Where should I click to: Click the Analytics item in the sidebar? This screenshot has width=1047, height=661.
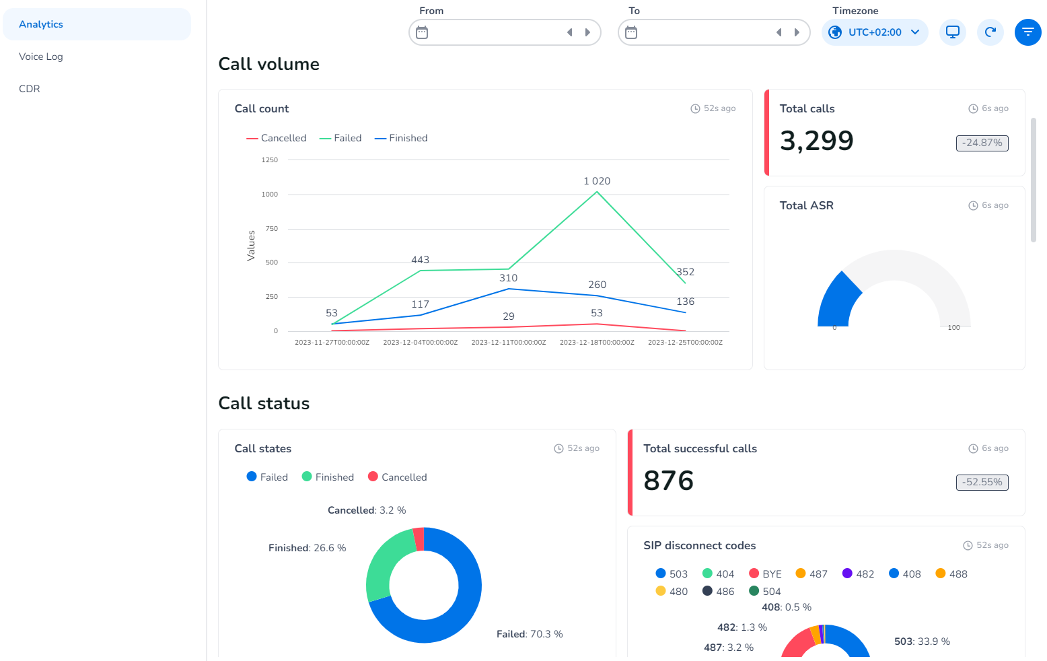click(41, 24)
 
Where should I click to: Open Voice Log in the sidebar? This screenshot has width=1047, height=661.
click(41, 57)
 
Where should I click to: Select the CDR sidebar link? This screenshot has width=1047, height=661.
click(30, 89)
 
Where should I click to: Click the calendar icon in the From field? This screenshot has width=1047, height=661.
click(422, 32)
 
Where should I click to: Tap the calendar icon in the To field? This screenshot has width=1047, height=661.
click(631, 32)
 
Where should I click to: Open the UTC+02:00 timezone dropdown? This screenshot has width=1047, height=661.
click(874, 32)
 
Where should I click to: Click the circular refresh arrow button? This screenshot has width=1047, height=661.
click(990, 32)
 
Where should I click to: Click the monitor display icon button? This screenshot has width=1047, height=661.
click(953, 32)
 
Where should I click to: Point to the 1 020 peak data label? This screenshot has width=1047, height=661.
click(597, 181)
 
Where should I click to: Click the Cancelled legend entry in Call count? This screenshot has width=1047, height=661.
click(277, 138)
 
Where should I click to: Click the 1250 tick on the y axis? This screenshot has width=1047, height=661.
click(270, 160)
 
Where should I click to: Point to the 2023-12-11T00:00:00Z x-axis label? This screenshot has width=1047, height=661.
click(509, 343)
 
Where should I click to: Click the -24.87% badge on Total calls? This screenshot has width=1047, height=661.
click(982, 143)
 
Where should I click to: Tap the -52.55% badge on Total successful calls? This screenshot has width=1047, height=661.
click(982, 482)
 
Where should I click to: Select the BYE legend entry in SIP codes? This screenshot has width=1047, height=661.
click(766, 574)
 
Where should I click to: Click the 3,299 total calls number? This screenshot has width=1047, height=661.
click(816, 141)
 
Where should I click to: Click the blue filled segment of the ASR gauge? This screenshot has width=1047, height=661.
click(837, 302)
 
